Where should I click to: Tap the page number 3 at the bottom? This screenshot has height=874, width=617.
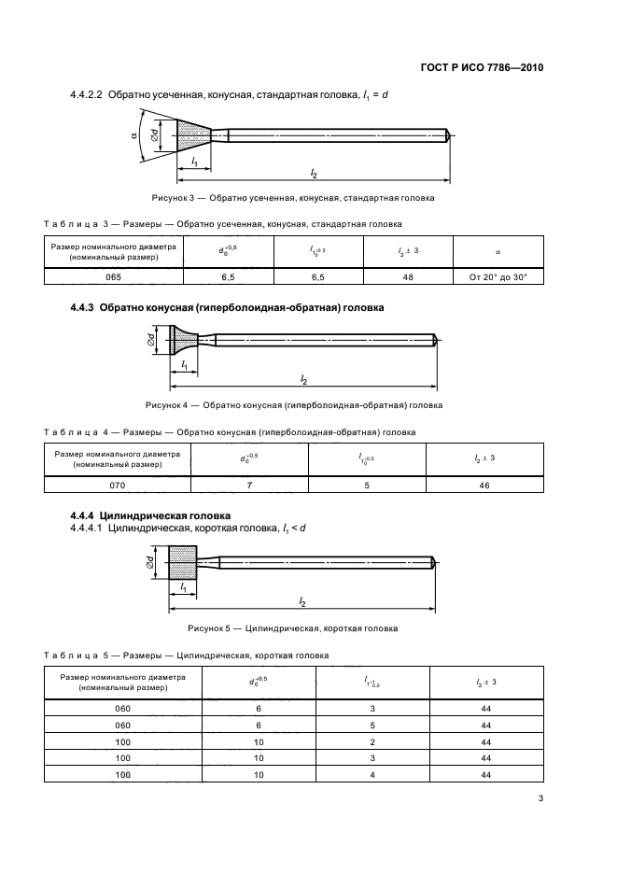coord(540,797)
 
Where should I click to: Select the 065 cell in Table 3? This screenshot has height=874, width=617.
coord(114,276)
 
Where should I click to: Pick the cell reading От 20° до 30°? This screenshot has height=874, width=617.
coord(498,276)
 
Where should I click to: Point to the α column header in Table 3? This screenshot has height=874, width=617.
coord(498,251)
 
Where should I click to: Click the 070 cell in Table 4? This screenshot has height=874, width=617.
coord(118,485)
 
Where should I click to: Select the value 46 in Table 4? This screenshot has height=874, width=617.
coord(484,485)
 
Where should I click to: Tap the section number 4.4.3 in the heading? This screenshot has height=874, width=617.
coord(87,307)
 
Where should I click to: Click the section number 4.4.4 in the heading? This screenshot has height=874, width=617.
coord(87,515)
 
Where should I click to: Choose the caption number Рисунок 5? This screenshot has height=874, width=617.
coord(208,628)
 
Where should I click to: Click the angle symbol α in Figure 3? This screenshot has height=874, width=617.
coord(134,134)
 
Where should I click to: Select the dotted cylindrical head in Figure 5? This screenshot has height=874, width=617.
coord(182,562)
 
